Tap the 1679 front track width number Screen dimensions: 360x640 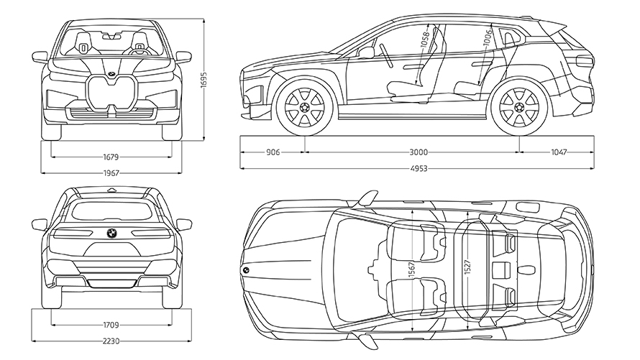click(x=111, y=156)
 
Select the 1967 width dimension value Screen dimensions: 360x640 click(x=111, y=172)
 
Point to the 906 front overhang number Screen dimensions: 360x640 click(x=273, y=152)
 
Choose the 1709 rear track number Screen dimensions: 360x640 click(x=111, y=324)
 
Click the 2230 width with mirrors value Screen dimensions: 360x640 click(x=111, y=341)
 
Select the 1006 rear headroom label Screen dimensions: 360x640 click(x=488, y=37)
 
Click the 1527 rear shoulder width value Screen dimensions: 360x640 click(x=467, y=264)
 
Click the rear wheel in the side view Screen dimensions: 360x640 click(x=516, y=108)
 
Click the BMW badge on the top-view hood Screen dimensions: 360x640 click(x=244, y=269)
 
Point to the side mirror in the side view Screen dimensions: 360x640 click(x=367, y=52)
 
